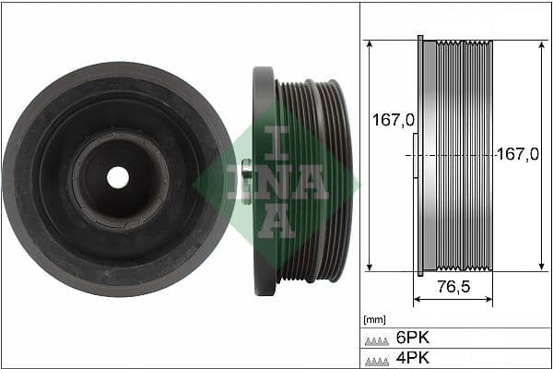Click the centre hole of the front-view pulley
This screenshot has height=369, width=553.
click(x=117, y=177)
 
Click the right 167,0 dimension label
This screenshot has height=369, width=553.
click(x=517, y=154)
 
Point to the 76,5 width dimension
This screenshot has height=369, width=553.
click(x=453, y=287)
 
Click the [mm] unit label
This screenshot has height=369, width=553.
click(x=374, y=319)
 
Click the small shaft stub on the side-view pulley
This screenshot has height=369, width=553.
click(x=246, y=173)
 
